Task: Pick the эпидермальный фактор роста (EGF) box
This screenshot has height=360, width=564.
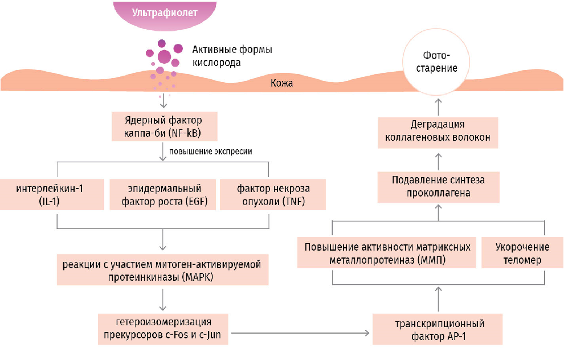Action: coord(163,194)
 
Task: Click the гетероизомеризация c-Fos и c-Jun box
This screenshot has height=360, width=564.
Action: coord(163,329)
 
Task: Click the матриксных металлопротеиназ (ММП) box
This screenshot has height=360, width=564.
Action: coord(387,253)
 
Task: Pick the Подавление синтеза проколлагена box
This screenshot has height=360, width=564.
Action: coord(438,187)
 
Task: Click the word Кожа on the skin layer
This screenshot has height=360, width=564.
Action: coord(281,83)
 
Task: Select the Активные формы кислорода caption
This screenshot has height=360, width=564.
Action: coord(231,56)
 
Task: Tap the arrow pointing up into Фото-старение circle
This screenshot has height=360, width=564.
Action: coord(438,105)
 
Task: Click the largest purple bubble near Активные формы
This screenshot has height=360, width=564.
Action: coord(164,56)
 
